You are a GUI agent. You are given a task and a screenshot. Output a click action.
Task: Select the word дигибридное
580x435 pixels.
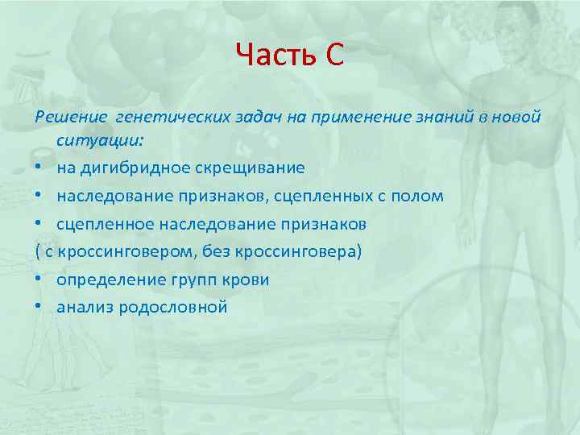click(126, 168)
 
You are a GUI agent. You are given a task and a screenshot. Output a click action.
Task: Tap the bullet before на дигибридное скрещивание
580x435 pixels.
click(39, 168)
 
